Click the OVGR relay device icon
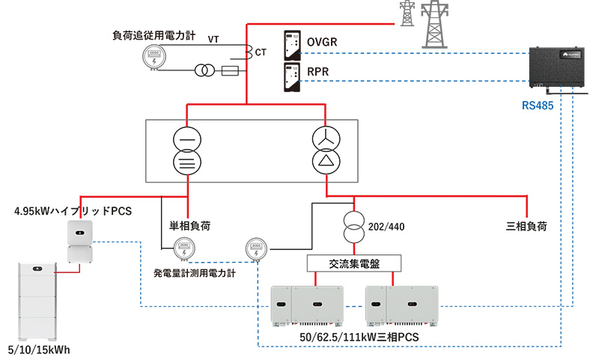pos(293,46)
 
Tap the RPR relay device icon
pos(293,77)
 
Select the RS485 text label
pos(538,106)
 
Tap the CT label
pos(261,53)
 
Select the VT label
pos(213,39)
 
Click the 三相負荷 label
pos(526,225)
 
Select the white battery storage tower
pos(37,300)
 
